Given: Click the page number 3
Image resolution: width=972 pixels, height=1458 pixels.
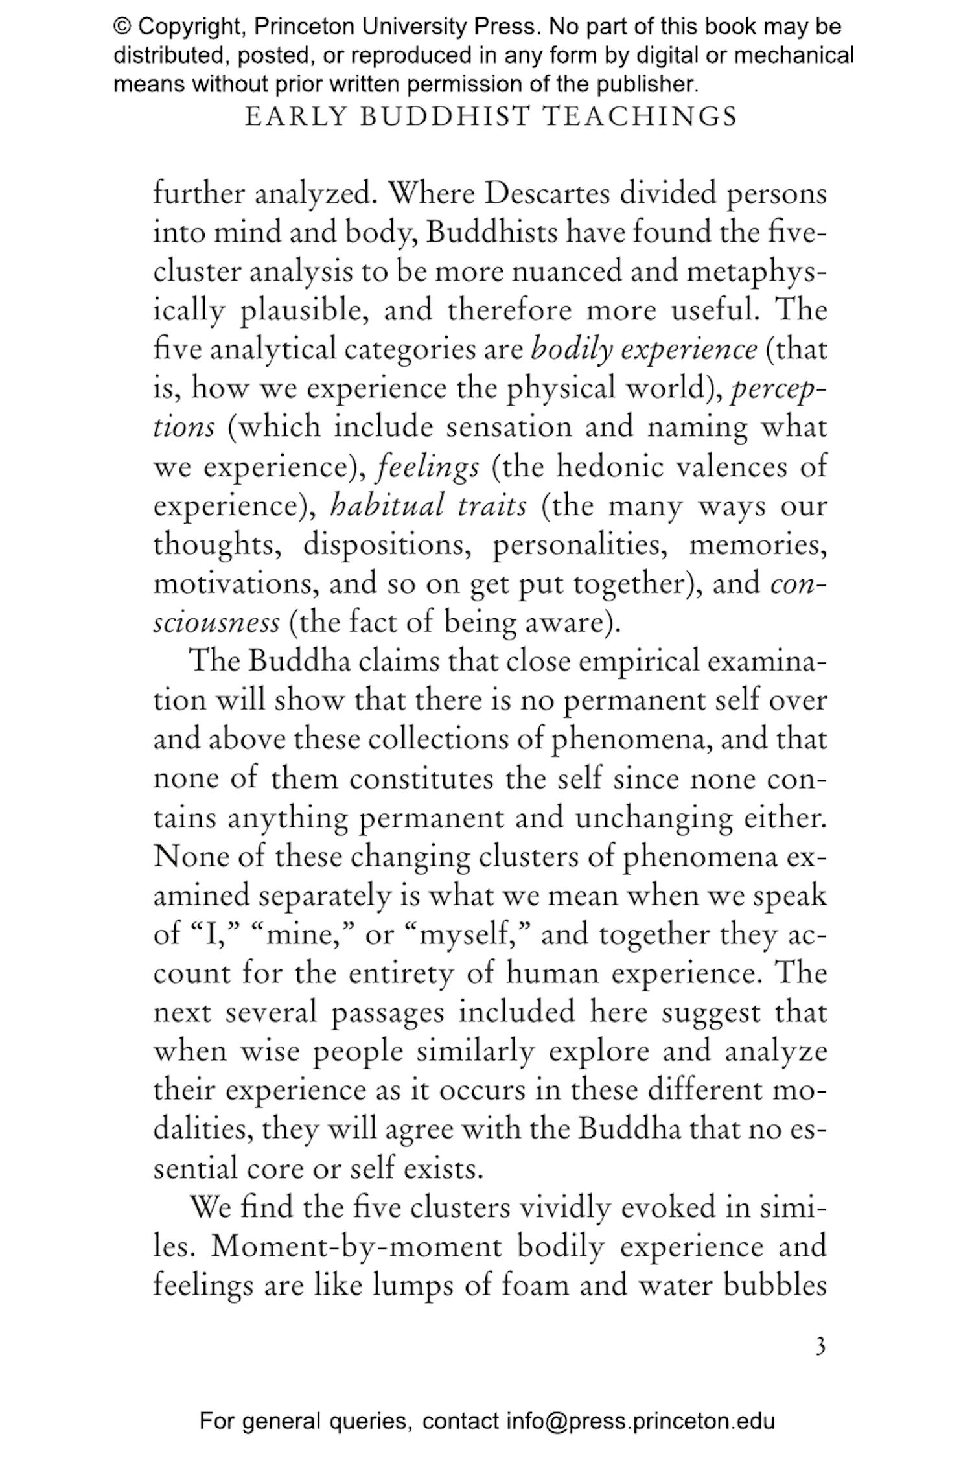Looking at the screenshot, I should coord(820,1348).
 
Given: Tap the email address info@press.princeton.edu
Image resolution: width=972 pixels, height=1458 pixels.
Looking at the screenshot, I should coord(640,1422).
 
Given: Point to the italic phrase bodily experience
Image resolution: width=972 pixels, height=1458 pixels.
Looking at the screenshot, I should coord(643,350).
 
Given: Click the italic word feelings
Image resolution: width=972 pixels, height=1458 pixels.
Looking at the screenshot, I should coord(428,467).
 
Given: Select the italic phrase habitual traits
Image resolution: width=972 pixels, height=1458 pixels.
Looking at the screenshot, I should coord(428,505).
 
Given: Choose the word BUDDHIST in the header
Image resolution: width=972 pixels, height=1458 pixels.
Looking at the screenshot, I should coord(445,117).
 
